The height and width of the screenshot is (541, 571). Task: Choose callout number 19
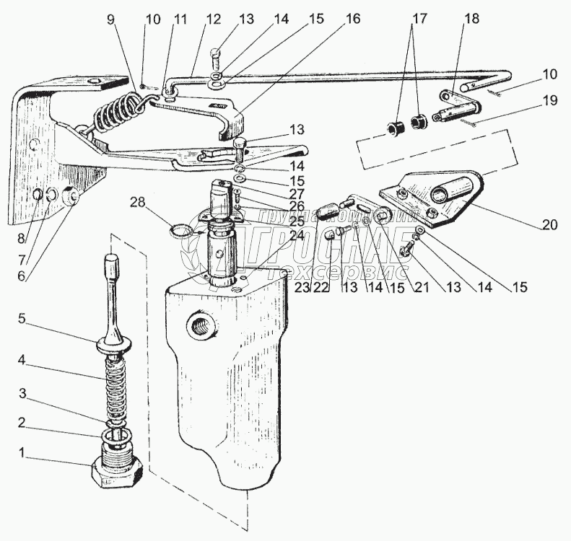coord(549,101)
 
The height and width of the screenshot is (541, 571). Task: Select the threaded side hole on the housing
coord(199,327)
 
